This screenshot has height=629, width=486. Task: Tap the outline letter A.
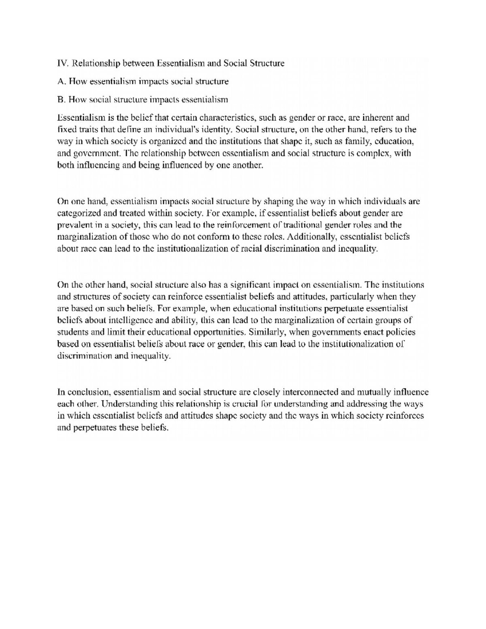pyautogui.click(x=61, y=81)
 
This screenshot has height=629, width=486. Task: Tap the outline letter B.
pyautogui.click(x=61, y=99)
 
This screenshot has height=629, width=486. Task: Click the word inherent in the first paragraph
pyautogui.click(x=378, y=118)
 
